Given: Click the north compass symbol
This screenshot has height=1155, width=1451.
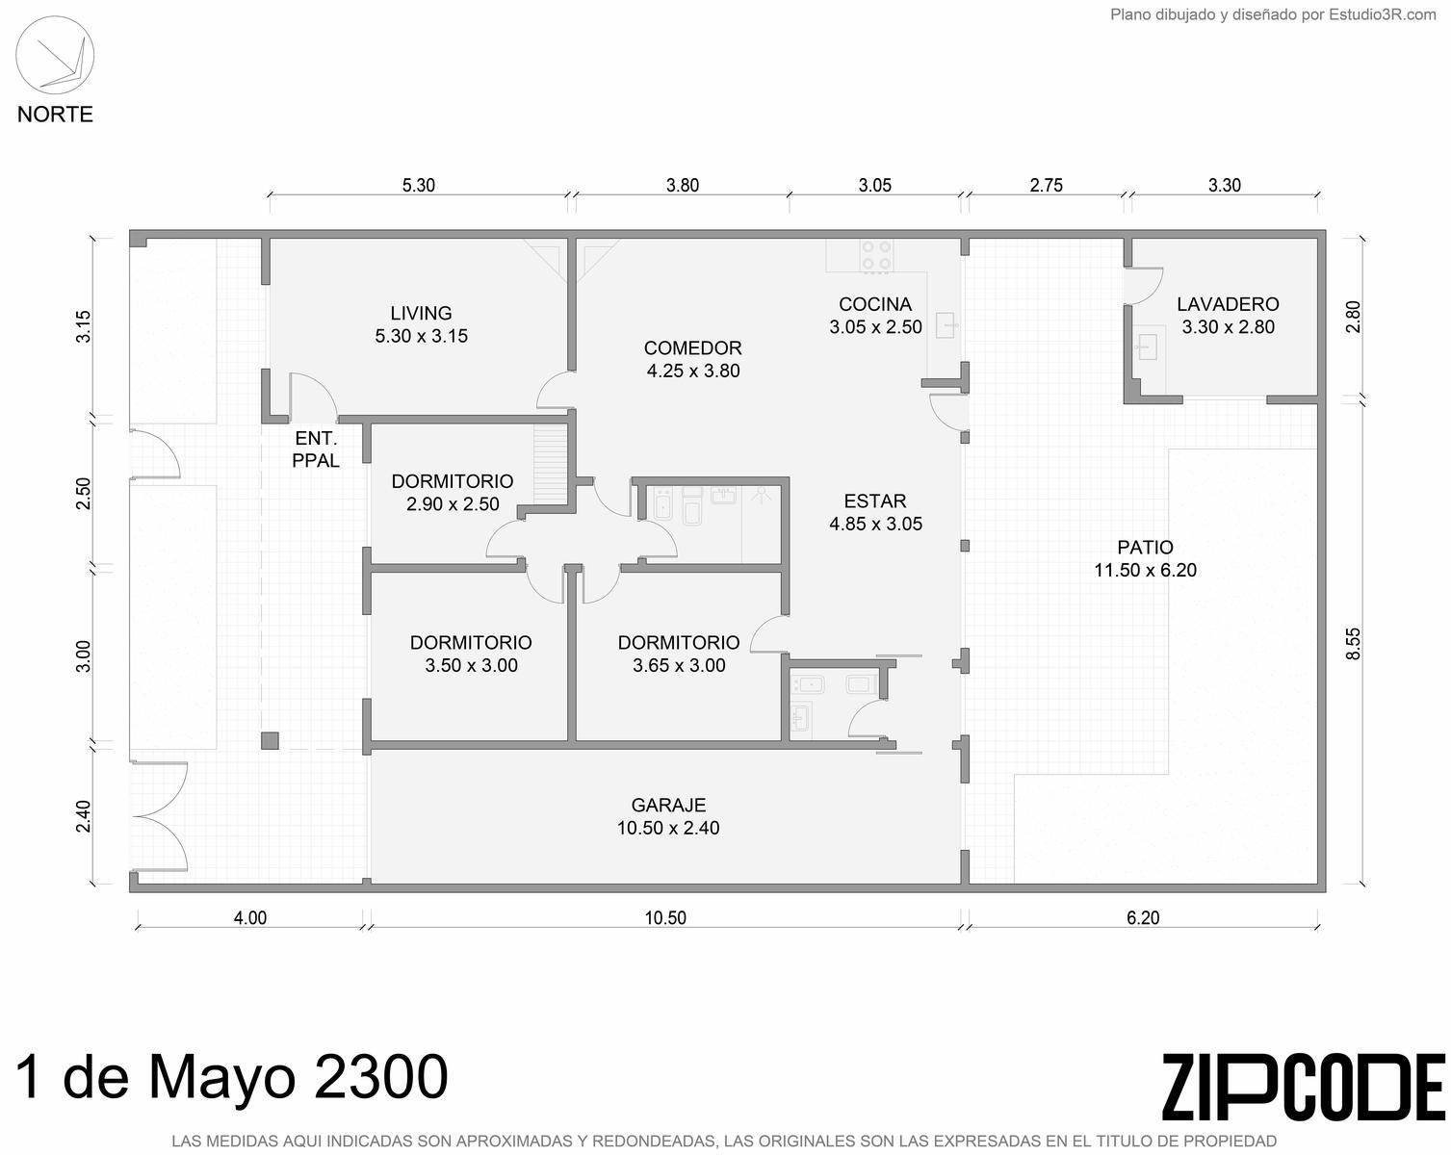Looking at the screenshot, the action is coord(55,55).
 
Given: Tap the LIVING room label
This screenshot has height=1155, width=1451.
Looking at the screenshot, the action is coord(421,324).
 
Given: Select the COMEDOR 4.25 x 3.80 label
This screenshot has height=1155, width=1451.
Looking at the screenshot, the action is coord(693,359).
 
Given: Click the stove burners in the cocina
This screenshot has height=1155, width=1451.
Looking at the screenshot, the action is coord(876,256).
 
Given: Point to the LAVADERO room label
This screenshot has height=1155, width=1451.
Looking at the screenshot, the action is coord(1228,316).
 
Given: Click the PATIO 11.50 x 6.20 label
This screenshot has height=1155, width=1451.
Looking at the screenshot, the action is coord(1145,558).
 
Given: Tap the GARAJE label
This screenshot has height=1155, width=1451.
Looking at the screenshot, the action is coord(668,816).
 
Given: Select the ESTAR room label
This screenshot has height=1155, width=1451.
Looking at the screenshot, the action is coord(875,512).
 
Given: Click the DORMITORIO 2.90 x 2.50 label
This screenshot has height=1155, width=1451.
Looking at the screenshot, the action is coord(453,492).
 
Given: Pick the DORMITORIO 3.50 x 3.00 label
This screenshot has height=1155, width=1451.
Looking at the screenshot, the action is coord(471,654).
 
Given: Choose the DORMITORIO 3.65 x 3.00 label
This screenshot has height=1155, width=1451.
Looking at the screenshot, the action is coord(678,654).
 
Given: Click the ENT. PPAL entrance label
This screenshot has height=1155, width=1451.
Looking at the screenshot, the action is coord(316,449).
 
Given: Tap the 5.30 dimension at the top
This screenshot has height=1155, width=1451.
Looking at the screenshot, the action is coord(419,185).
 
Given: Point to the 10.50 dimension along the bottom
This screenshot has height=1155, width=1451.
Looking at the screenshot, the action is coord(665,917).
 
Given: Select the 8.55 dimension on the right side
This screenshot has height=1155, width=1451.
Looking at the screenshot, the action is coord(1353,644).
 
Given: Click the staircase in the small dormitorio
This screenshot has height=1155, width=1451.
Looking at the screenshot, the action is coord(551,465).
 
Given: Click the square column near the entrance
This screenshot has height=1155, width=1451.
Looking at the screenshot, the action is coord(270,741).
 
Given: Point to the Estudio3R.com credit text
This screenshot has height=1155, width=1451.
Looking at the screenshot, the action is coord(1273,14).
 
